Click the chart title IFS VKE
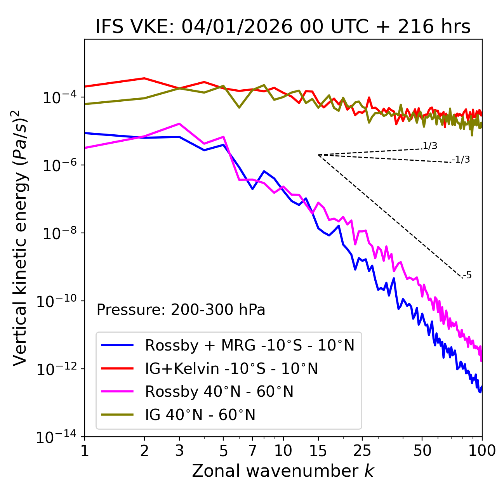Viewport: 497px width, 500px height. (283, 27)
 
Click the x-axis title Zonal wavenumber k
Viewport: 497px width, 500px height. (283, 471)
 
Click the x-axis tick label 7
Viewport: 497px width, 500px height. (252, 451)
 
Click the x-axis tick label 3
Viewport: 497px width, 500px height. (179, 451)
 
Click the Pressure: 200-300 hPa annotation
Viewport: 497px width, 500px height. (181, 310)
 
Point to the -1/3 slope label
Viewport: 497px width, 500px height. (461, 160)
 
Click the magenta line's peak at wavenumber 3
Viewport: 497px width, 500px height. (179, 124)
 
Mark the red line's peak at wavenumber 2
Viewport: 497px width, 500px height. (144, 78)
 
